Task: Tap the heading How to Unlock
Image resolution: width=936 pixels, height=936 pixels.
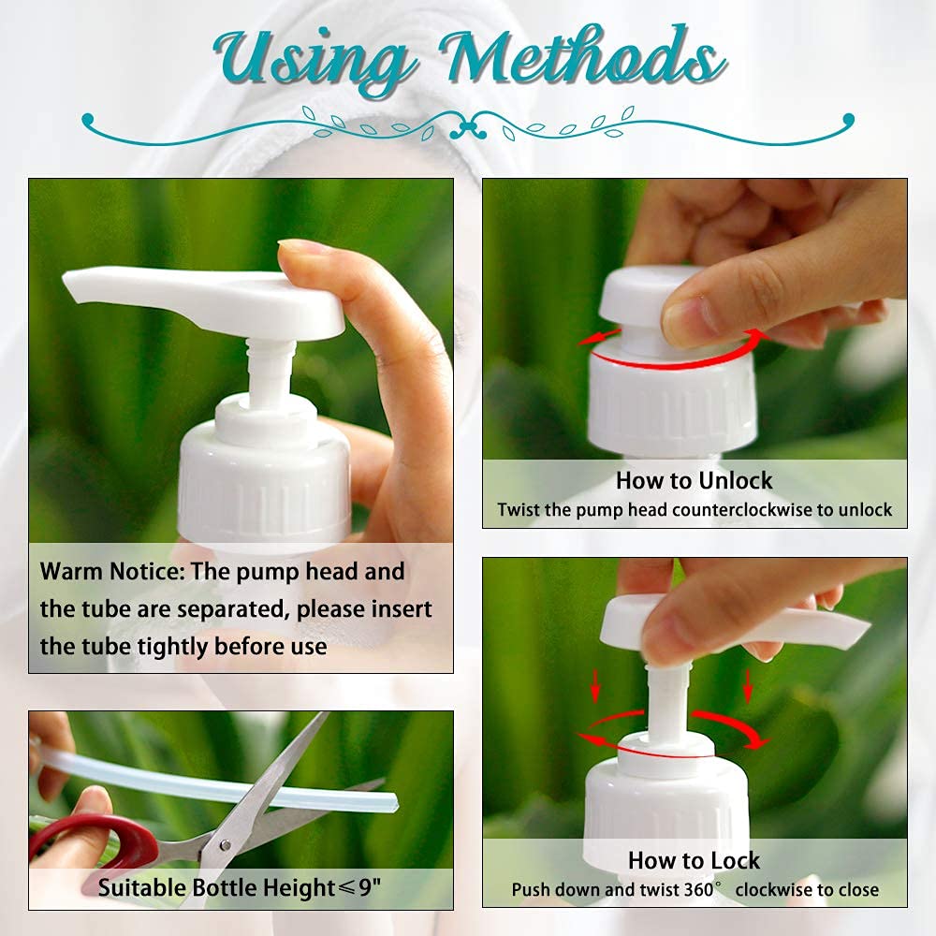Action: tap(695, 480)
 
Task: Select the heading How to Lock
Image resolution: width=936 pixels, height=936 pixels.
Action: tap(695, 860)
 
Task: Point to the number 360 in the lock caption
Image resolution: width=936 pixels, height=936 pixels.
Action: tap(698, 889)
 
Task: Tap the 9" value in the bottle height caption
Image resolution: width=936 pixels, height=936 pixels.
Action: tap(370, 887)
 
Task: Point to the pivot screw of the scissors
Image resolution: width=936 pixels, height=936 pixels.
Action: tap(225, 845)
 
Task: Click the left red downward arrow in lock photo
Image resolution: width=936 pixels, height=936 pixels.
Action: tap(594, 685)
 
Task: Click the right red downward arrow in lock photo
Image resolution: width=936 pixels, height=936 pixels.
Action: tap(747, 685)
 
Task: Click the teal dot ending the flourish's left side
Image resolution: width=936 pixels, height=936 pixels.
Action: tap(88, 120)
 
